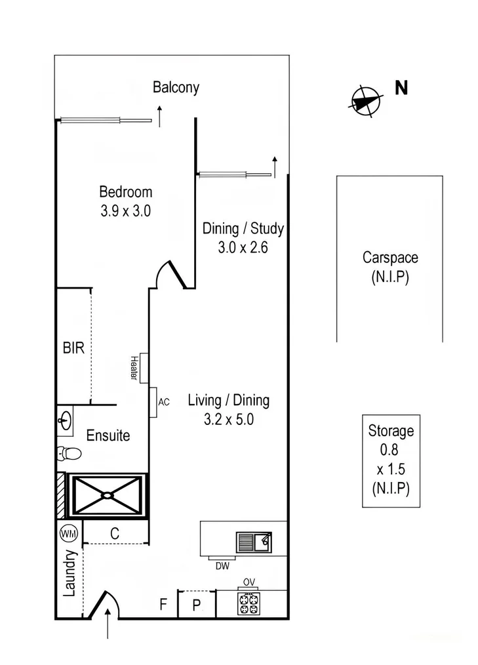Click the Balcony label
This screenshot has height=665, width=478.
click(x=176, y=87)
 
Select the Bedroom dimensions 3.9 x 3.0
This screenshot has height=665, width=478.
click(x=125, y=211)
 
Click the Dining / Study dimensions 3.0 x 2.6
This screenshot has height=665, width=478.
click(x=243, y=248)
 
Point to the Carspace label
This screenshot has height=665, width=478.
click(x=389, y=258)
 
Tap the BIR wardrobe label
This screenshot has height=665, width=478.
click(x=73, y=348)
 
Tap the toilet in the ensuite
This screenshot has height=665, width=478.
click(x=69, y=453)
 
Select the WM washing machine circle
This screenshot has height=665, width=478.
click(x=69, y=534)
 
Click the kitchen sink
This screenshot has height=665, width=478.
click(x=254, y=542)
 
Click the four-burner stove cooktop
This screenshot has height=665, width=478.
click(x=249, y=604)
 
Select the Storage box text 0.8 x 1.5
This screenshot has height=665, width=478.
click(x=391, y=460)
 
